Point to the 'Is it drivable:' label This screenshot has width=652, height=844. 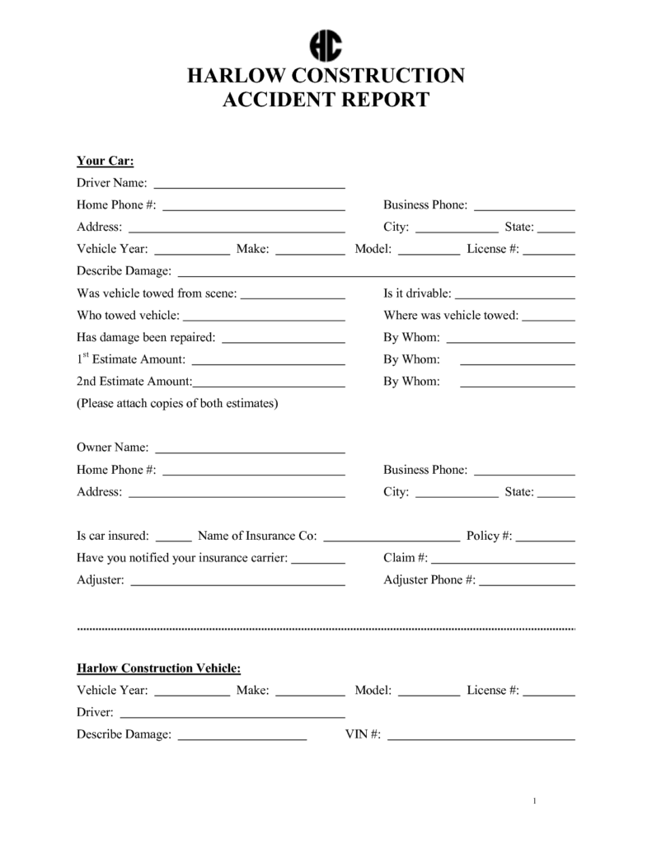click(417, 293)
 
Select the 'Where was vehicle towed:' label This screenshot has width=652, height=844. click(451, 316)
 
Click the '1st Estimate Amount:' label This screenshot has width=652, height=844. click(131, 359)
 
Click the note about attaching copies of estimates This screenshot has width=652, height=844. click(177, 404)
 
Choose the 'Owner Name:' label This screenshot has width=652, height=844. click(113, 448)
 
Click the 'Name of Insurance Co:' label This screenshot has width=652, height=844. click(257, 536)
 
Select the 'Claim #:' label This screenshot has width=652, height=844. click(406, 558)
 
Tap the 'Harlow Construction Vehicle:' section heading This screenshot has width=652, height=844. click(158, 668)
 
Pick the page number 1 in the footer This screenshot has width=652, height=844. click(535, 801)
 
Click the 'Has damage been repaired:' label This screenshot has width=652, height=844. click(146, 337)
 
